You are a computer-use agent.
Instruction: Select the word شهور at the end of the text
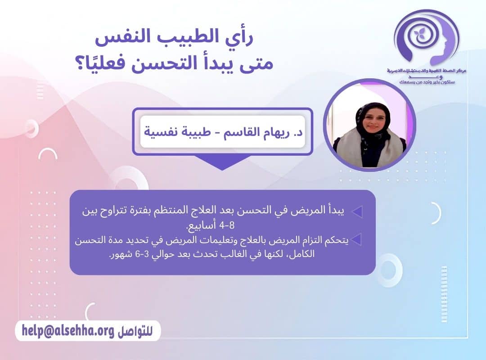(119, 254)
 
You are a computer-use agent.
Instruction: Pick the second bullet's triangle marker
(356, 240)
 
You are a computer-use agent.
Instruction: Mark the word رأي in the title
(240, 40)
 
